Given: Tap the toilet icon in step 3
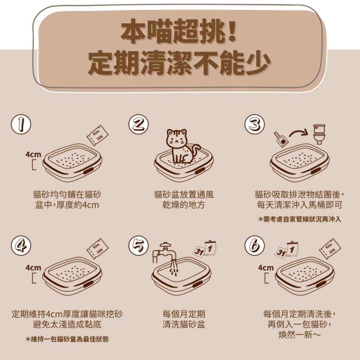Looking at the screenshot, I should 319,134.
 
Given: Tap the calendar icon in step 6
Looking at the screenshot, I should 287,250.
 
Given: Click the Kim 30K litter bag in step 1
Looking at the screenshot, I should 97,135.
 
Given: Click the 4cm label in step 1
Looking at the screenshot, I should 33,154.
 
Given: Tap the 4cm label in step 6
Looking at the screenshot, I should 266,268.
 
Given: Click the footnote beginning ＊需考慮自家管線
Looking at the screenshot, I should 300,219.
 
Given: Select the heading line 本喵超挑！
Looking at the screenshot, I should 179,33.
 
